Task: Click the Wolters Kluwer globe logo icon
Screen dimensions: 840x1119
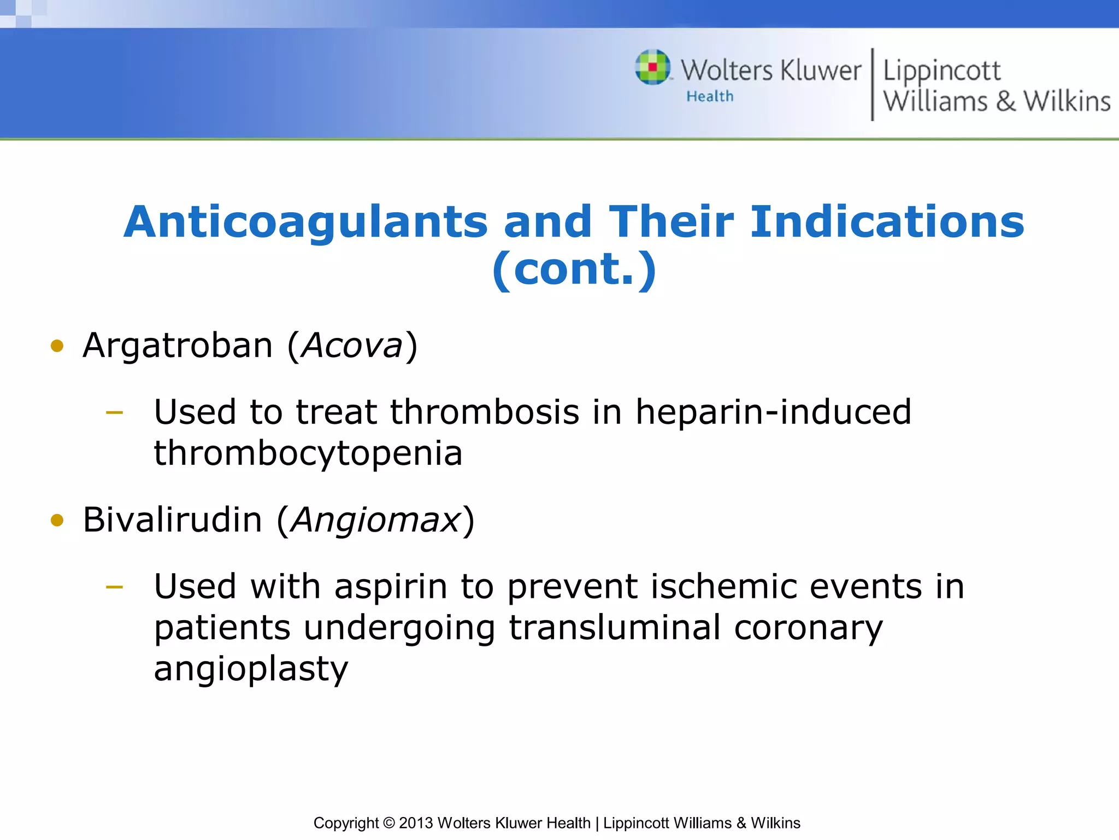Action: point(652,67)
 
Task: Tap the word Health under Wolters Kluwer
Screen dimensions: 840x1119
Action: point(710,96)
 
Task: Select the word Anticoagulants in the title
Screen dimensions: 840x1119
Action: point(305,222)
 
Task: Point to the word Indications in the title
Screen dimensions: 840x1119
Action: point(887,222)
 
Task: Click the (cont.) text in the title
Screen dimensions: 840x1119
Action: point(574,269)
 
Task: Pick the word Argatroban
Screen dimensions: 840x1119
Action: point(178,346)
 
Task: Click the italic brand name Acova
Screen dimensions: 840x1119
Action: point(352,346)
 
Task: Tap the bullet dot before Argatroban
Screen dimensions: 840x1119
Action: point(57,346)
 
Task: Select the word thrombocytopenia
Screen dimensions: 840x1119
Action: point(308,454)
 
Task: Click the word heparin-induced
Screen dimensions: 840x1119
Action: point(773,412)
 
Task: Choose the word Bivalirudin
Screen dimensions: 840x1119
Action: point(172,520)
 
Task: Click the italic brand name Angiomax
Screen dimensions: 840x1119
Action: point(376,520)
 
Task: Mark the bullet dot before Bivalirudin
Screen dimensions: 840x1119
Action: point(57,520)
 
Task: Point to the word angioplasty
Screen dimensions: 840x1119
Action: point(251,669)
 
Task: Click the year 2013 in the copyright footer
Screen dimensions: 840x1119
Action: point(416,823)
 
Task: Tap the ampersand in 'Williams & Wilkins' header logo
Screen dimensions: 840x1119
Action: point(1005,102)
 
